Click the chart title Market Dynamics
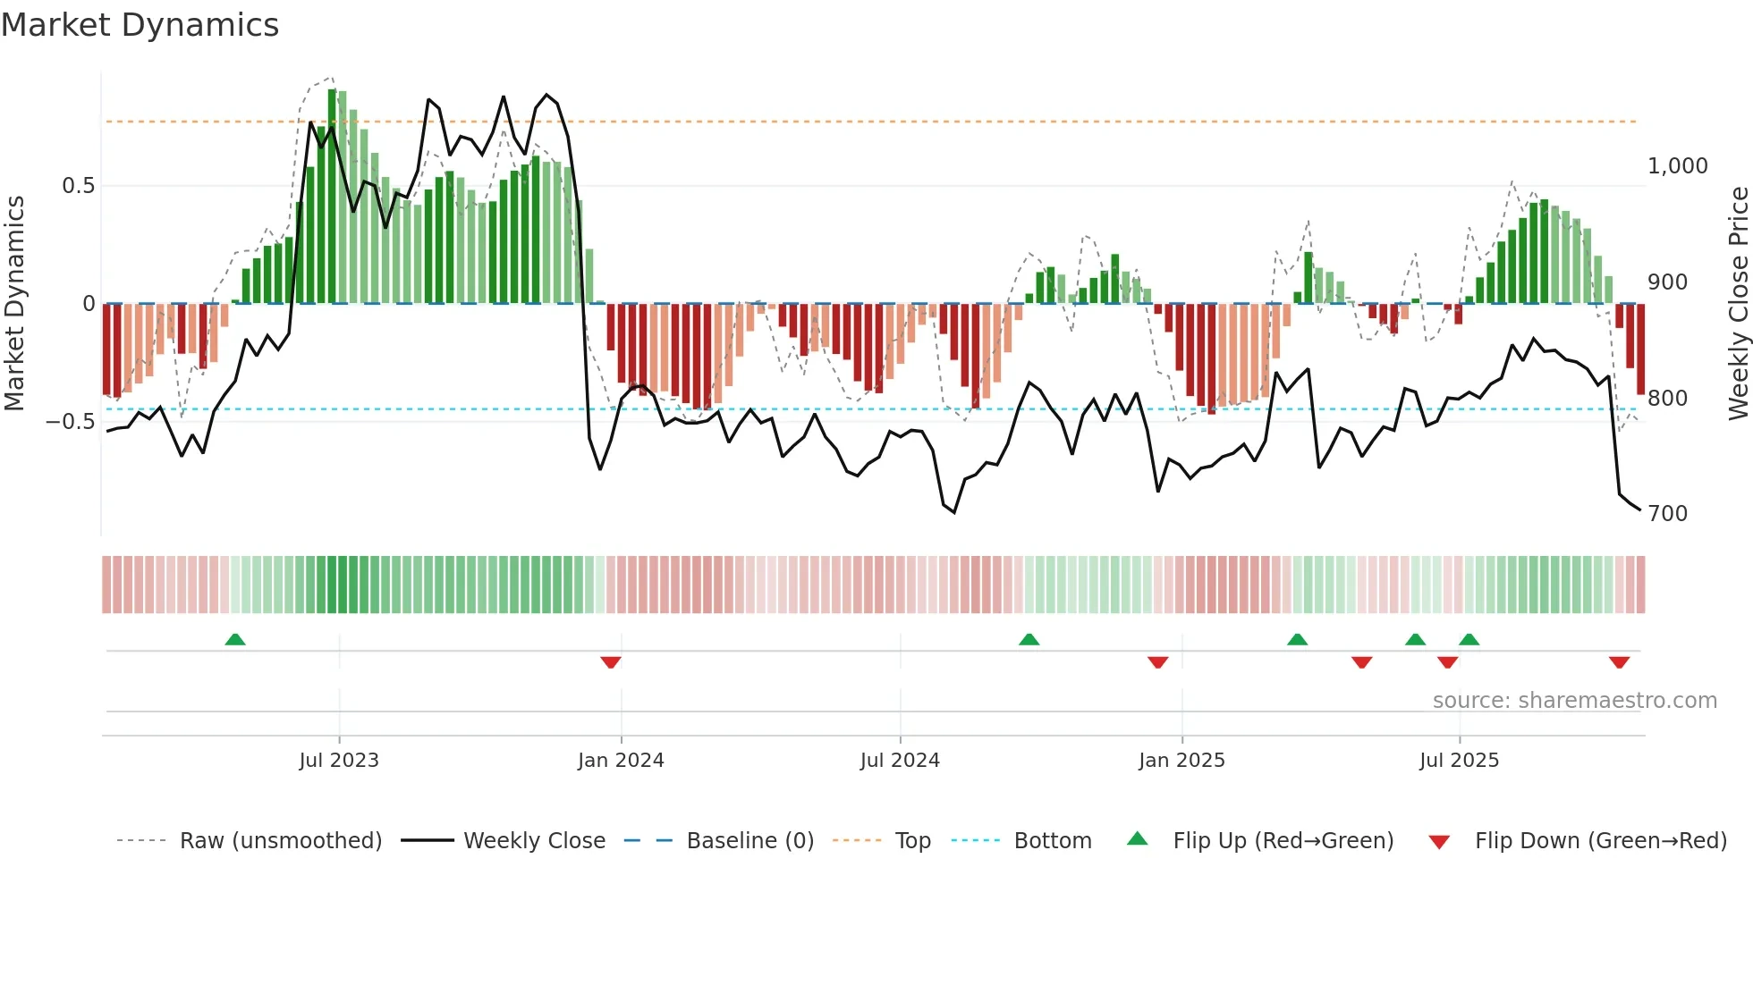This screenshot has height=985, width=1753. point(140,25)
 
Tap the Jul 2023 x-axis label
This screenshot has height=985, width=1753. point(339,761)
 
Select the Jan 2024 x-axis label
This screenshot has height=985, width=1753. point(621,761)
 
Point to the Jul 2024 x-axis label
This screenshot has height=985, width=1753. point(900,761)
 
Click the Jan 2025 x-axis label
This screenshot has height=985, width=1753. point(1181,761)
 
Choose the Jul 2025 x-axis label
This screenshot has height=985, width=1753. point(1459,761)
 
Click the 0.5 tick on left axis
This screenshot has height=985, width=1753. point(78,186)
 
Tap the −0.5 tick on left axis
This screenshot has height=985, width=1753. point(71,422)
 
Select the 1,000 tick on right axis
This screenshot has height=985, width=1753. point(1677,166)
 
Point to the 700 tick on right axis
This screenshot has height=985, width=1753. point(1667,514)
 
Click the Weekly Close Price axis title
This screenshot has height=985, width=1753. point(1738,303)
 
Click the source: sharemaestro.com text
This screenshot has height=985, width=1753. point(1574,701)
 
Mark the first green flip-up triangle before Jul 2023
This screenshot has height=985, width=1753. point(235,640)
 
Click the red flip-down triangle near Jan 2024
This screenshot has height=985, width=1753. point(611,662)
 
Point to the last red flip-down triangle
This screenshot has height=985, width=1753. point(1619,662)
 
